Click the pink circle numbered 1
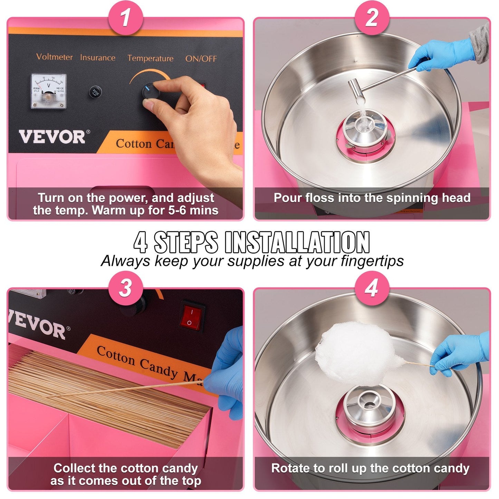[x=125, y=17]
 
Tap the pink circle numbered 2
[x=372, y=17]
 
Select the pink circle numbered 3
[x=125, y=288]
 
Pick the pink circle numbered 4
[x=372, y=288]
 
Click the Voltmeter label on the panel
[x=55, y=57]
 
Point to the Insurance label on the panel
[x=98, y=58]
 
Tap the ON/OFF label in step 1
[x=201, y=59]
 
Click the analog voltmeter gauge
[x=48, y=91]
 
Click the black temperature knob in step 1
[x=151, y=92]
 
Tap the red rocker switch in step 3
[x=191, y=317]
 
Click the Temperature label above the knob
[x=150, y=58]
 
